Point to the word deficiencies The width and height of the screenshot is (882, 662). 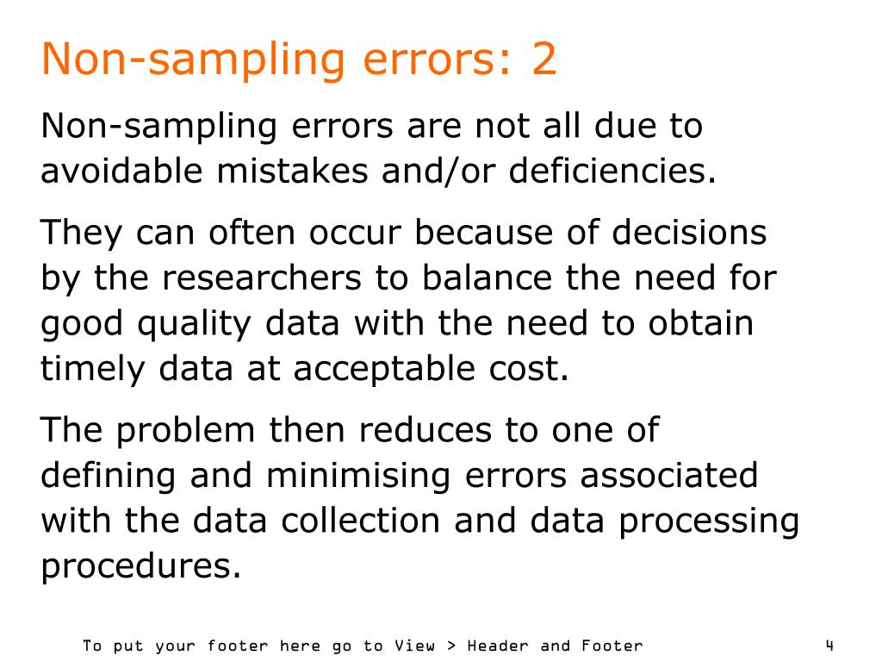pyautogui.click(x=612, y=172)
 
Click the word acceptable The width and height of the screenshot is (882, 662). pyautogui.click(x=379, y=369)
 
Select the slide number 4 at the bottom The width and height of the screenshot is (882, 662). pyautogui.click(x=829, y=645)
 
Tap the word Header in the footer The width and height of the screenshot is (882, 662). pyautogui.click(x=502, y=646)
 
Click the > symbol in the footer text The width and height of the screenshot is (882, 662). pyautogui.click(x=452, y=646)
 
